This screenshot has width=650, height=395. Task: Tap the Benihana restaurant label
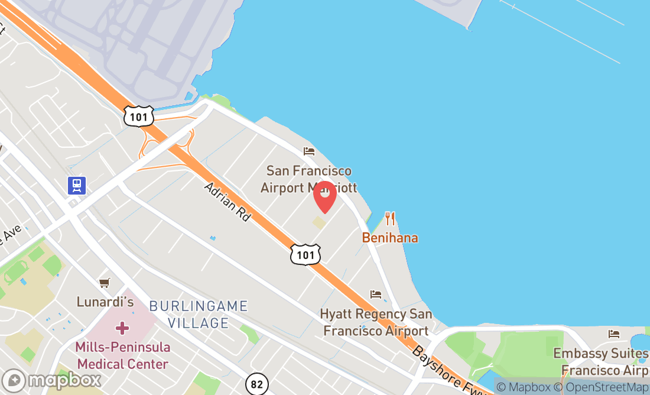(390, 238)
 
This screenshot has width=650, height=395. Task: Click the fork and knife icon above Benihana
(389, 219)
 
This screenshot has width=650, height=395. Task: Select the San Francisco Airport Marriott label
(308, 179)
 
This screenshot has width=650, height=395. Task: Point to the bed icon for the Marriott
(308, 151)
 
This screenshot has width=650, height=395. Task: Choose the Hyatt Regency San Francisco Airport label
(376, 322)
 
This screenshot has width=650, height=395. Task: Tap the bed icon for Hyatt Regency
(376, 294)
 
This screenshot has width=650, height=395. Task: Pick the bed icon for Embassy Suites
(614, 334)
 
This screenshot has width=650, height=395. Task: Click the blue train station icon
(77, 186)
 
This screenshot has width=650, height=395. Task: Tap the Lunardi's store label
(105, 302)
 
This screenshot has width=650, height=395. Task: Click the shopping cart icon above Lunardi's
(105, 283)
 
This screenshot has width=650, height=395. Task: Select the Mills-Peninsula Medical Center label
(122, 355)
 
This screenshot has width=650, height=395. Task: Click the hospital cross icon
(122, 328)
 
